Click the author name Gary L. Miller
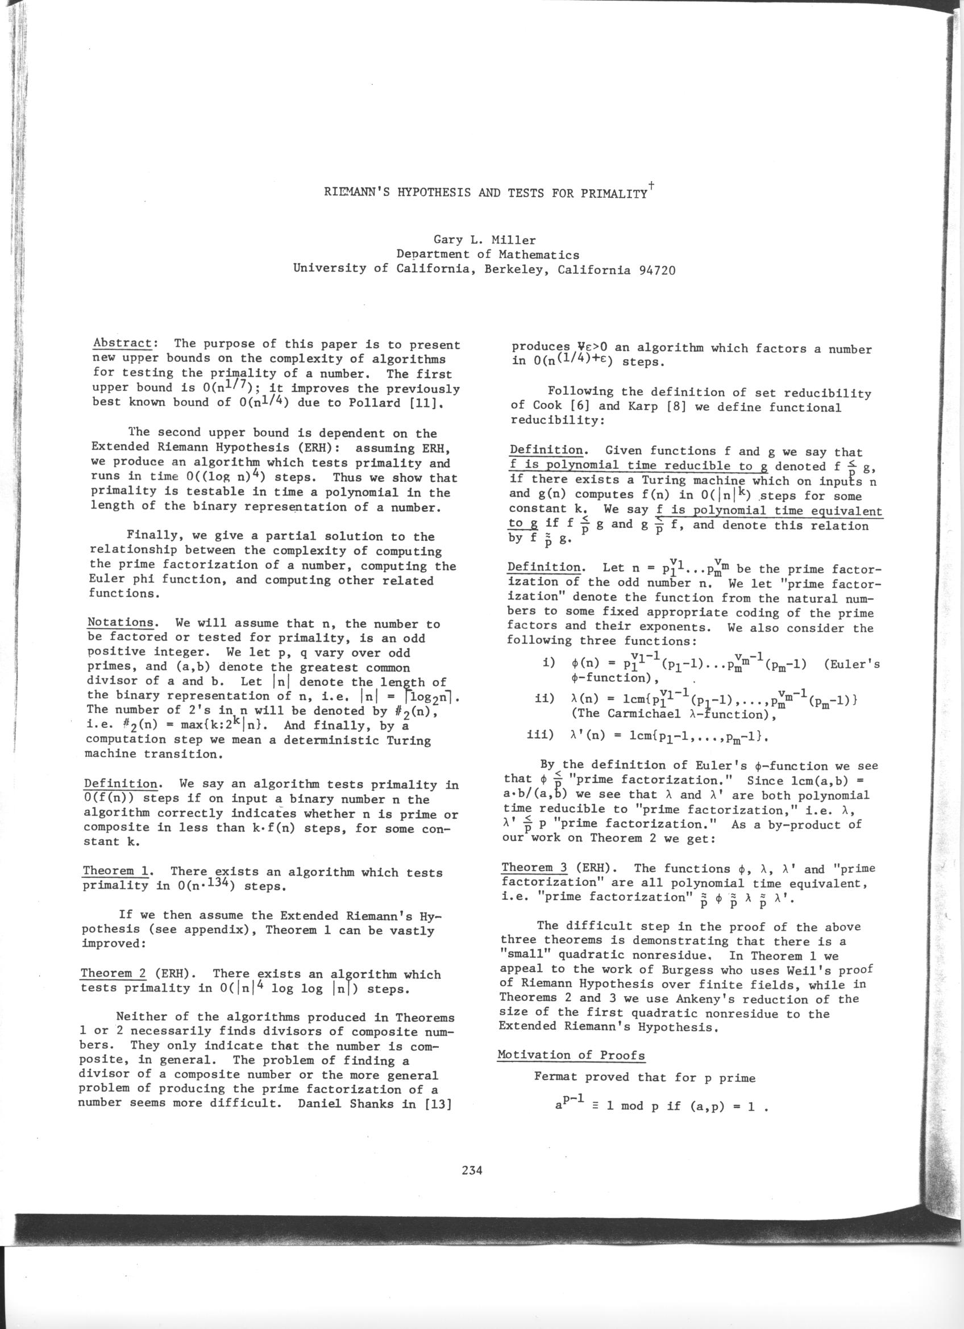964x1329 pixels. pyautogui.click(x=484, y=240)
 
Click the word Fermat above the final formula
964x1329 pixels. pyautogui.click(x=555, y=1077)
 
